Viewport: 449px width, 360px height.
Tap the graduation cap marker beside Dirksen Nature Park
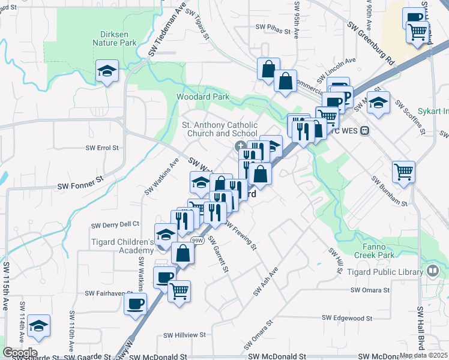(107, 72)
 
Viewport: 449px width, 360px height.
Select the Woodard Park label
(203, 97)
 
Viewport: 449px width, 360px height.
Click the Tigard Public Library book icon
(431, 271)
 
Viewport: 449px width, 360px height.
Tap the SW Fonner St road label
(80, 178)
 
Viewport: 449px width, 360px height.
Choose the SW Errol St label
(102, 147)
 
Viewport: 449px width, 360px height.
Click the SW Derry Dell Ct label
(115, 224)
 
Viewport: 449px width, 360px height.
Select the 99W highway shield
(197, 240)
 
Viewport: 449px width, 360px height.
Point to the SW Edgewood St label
(352, 317)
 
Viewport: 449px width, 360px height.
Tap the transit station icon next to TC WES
(364, 131)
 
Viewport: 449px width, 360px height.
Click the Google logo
(20, 353)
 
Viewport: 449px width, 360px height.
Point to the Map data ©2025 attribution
(423, 355)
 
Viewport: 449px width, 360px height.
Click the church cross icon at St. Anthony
(240, 145)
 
